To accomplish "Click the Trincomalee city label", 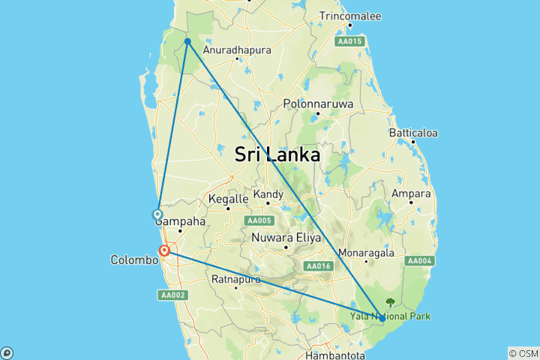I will coord(350,16).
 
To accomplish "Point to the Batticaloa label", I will coord(413,133).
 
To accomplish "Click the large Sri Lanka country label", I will coord(277,154).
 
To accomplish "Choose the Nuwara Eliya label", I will coord(286,238).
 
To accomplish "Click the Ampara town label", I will coord(412,193).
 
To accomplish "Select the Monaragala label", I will coord(366,252).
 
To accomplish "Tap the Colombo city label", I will coord(135,260).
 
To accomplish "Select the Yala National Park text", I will coord(390,316).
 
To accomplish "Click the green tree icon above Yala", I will coord(390,303).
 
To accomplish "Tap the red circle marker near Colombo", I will coord(163,250).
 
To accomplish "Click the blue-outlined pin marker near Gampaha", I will coord(157,214).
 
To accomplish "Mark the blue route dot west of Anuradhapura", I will coord(187,41).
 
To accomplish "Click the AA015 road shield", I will coord(350,40).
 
